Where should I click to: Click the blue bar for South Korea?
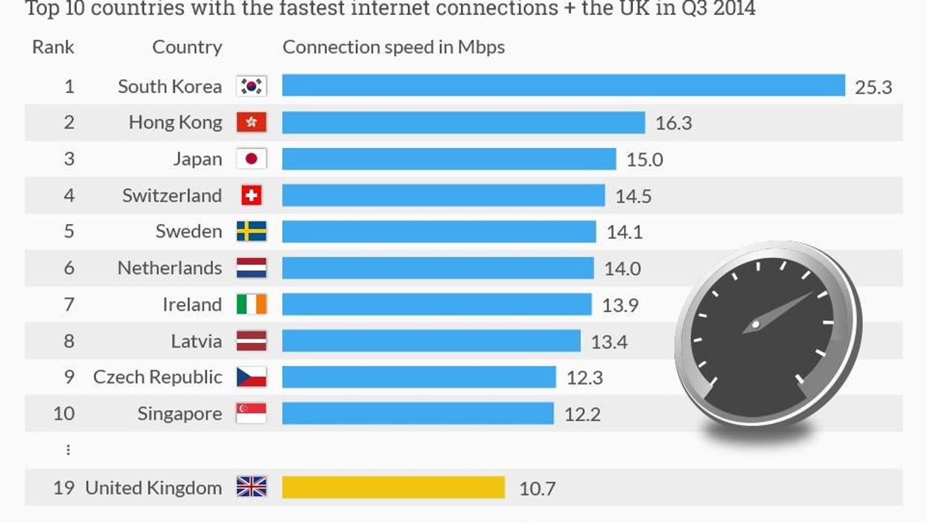pyautogui.click(x=563, y=86)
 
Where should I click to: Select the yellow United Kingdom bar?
pyautogui.click(x=393, y=487)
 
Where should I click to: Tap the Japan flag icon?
pyautogui.click(x=252, y=158)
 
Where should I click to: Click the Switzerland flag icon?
pyautogui.click(x=252, y=195)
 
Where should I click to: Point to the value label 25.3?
pyautogui.click(x=873, y=87)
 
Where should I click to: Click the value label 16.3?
pyautogui.click(x=673, y=123)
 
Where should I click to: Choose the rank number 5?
pyautogui.click(x=69, y=231)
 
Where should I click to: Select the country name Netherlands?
pyautogui.click(x=170, y=268)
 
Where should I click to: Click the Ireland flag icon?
pyautogui.click(x=252, y=304)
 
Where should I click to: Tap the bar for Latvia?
pyautogui.click(x=430, y=341)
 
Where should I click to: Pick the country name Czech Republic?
pyautogui.click(x=157, y=377)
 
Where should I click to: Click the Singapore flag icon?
pyautogui.click(x=252, y=413)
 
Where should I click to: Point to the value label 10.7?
pyautogui.click(x=538, y=489)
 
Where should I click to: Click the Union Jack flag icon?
pyautogui.click(x=252, y=487)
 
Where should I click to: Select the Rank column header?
pyautogui.click(x=53, y=47)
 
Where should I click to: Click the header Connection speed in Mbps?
pyautogui.click(x=393, y=47)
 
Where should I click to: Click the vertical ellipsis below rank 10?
pyautogui.click(x=69, y=449)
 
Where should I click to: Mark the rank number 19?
pyautogui.click(x=63, y=488)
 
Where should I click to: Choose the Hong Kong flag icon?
pyautogui.click(x=252, y=122)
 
